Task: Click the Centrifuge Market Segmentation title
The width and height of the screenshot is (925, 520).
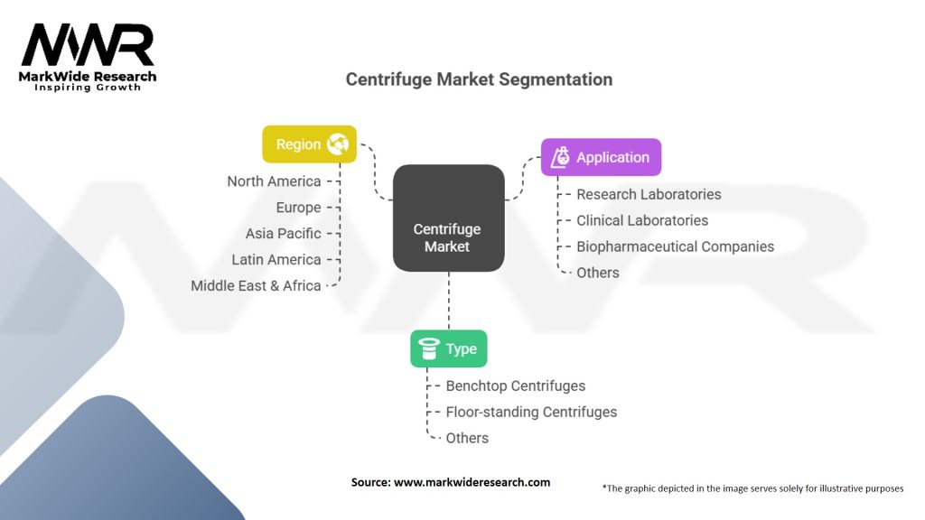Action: [479, 79]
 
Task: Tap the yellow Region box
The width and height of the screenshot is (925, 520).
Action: [309, 144]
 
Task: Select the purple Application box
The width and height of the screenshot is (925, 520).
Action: [601, 157]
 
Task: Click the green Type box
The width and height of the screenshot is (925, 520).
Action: [449, 349]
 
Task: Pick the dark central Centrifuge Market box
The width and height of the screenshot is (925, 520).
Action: [448, 218]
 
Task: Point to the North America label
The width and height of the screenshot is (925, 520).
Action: [274, 181]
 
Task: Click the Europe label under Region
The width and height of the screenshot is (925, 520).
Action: [298, 208]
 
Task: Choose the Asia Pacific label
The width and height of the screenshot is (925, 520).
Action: [283, 234]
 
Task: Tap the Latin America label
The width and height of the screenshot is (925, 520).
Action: [276, 260]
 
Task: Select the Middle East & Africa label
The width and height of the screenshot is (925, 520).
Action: [256, 286]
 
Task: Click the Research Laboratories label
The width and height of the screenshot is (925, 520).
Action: [649, 194]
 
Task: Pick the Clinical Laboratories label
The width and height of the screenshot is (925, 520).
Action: [642, 220]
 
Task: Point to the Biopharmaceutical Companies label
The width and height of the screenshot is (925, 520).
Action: [675, 246]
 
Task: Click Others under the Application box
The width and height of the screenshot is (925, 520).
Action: [598, 273]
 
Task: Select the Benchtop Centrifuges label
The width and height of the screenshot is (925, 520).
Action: [515, 385]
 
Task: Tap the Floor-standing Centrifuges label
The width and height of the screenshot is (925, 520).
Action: [531, 412]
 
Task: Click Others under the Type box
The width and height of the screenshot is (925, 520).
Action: [467, 438]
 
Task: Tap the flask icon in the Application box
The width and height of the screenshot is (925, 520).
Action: [561, 157]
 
